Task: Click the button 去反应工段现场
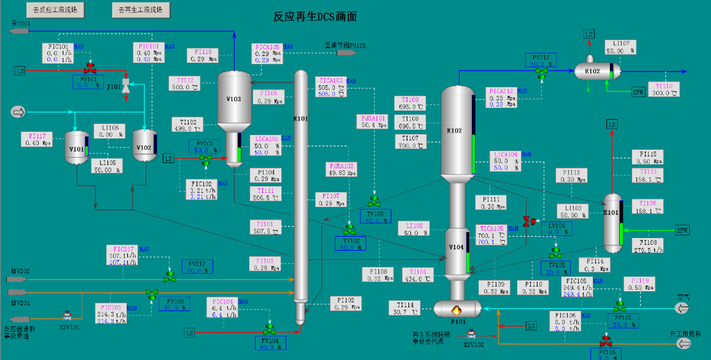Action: tap(55, 10)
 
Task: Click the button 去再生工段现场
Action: tap(141, 10)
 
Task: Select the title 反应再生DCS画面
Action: tap(315, 17)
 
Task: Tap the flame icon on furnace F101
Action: tap(457, 310)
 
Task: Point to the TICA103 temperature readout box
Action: tap(331, 87)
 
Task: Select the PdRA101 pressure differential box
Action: tap(374, 121)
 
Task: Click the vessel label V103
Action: tap(234, 99)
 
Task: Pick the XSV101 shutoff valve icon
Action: tap(67, 315)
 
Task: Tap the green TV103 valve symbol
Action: tap(374, 201)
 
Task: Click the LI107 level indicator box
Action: tap(620, 47)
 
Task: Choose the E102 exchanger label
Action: tap(592, 71)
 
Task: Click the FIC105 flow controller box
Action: tap(577, 287)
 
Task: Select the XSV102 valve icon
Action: tap(471, 334)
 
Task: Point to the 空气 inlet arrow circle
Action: tap(682, 308)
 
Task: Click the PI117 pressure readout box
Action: tap(37, 139)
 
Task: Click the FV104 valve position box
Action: tap(270, 344)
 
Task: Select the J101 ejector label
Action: tap(114, 87)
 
